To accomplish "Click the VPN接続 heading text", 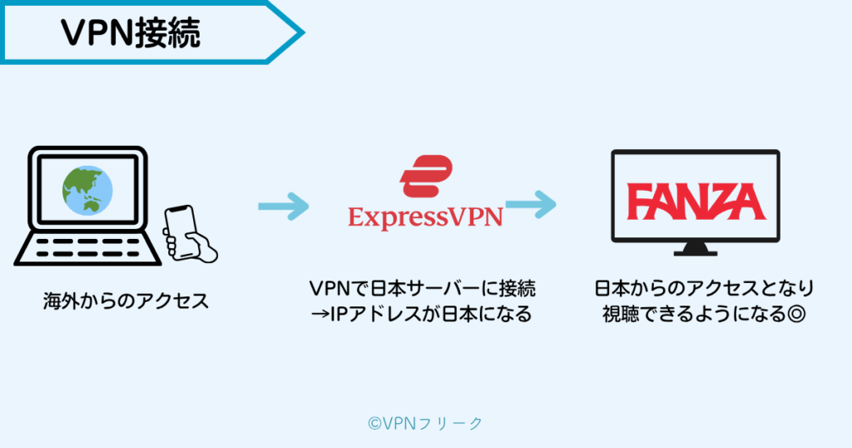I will pyautogui.click(x=130, y=32).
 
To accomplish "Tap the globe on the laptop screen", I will pyautogui.click(x=87, y=189).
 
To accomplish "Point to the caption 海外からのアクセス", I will pyautogui.click(x=126, y=301).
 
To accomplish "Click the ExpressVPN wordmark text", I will pyautogui.click(x=425, y=218).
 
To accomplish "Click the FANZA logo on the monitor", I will pyautogui.click(x=695, y=201).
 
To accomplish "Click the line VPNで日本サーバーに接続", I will pyautogui.click(x=422, y=290).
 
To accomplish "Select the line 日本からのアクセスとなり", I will pyautogui.click(x=704, y=290).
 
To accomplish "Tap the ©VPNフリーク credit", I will pyautogui.click(x=425, y=424).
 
